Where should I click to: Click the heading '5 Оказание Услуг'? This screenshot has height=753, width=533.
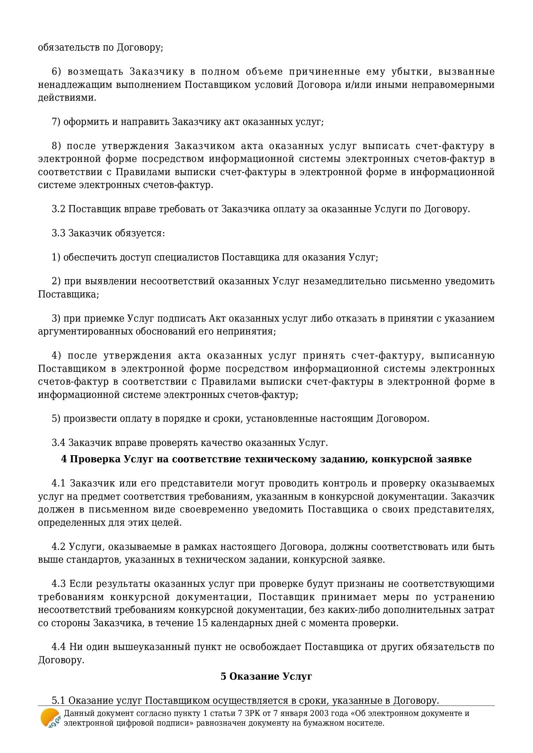(266, 676)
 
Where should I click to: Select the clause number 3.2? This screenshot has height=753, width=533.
(59, 209)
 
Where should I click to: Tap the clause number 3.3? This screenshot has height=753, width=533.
(59, 233)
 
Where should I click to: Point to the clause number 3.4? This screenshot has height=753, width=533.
(59, 443)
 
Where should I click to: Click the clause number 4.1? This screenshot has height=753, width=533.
(59, 484)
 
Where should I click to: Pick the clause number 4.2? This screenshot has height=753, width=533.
(59, 547)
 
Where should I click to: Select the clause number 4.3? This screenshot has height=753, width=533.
(59, 584)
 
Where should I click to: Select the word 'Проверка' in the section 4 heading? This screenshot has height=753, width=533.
(95, 459)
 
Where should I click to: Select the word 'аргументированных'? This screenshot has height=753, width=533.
(80, 331)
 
